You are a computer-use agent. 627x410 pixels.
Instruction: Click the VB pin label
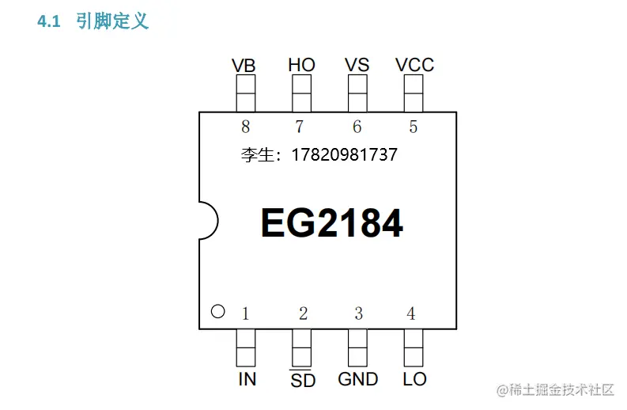point(244,66)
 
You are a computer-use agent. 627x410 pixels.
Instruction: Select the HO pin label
point(301,65)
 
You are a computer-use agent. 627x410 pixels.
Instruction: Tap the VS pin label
point(357,65)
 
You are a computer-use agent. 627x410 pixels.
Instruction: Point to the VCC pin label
point(414,65)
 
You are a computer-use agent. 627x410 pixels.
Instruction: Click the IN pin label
point(247,379)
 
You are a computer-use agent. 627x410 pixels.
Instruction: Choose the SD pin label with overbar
point(303,381)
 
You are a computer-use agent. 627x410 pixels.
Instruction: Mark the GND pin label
point(358,379)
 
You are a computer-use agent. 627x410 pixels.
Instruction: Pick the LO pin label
point(414,379)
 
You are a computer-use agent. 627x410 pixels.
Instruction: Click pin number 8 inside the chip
point(246,127)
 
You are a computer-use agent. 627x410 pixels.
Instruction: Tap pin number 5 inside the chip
point(414,127)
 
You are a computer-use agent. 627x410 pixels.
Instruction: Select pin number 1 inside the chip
point(245,314)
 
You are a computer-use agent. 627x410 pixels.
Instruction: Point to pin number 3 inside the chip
point(358,314)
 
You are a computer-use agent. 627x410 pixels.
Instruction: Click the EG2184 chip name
point(332,224)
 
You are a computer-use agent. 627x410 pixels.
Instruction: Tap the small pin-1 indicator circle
point(218,312)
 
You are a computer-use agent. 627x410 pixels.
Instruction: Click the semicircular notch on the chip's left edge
point(206,220)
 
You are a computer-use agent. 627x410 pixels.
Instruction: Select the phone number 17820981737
point(345,155)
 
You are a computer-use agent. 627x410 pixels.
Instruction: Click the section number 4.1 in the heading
point(49,22)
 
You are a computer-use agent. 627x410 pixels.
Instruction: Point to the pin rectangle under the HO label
point(301,96)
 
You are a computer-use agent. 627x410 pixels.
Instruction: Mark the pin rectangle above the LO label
point(414,346)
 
